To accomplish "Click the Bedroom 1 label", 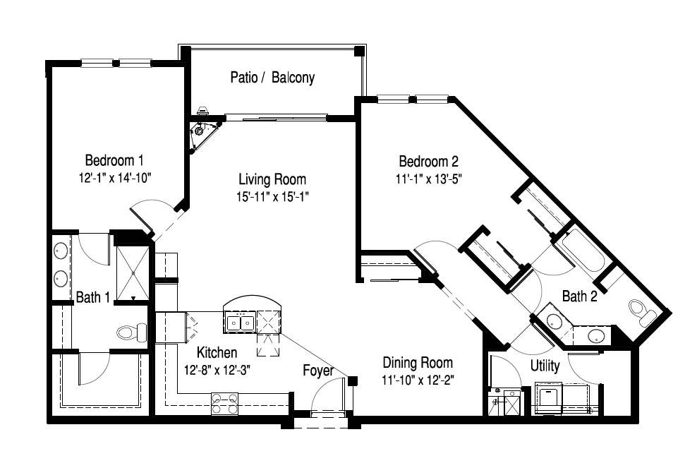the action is (x=114, y=160).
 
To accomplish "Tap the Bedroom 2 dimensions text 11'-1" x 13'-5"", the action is (x=429, y=179).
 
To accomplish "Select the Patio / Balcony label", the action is (x=272, y=78).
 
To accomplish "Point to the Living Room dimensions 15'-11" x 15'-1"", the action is (x=272, y=196).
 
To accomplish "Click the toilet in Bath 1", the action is (x=132, y=332).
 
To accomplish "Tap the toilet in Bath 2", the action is (x=643, y=312).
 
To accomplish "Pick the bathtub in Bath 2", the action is (x=581, y=250).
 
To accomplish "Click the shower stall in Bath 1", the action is (x=133, y=272).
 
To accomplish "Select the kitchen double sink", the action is (x=240, y=322).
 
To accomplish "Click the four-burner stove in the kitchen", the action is (x=224, y=404).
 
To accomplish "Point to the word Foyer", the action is (x=318, y=370).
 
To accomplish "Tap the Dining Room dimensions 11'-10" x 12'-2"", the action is (x=418, y=380).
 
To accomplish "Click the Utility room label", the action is (x=545, y=366).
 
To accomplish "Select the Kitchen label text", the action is (x=217, y=352).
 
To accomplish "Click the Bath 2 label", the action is (x=580, y=296).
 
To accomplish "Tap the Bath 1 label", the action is (x=93, y=297).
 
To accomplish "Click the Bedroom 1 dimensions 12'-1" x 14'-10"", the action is (x=115, y=178).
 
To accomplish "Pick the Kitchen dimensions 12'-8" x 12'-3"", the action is (x=217, y=370).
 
